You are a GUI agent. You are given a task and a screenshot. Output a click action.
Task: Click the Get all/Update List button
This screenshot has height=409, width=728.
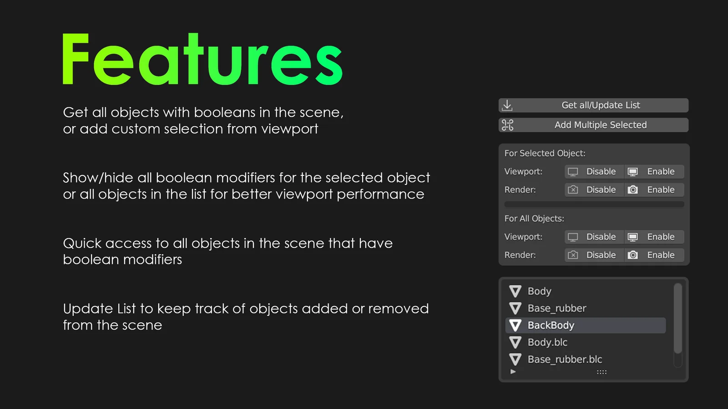point(600,105)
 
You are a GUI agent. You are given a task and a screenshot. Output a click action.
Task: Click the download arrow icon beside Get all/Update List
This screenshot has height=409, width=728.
point(507,105)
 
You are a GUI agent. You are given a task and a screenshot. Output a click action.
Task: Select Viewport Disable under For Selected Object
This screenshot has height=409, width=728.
point(594,172)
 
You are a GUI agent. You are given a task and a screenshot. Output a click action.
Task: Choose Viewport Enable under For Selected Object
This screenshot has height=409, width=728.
point(654,172)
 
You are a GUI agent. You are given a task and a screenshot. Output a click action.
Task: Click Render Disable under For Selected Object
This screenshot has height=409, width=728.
point(594,190)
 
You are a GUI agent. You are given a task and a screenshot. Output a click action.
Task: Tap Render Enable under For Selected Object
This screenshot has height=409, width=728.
point(654,190)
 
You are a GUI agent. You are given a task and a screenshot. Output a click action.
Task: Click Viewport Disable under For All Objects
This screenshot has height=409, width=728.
point(594,237)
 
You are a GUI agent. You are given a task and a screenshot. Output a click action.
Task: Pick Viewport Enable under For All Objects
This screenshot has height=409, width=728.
point(654,237)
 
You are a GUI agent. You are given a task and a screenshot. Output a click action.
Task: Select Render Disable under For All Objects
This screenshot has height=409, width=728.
point(594,255)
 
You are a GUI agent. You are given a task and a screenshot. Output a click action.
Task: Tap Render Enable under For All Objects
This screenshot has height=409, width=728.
point(654,255)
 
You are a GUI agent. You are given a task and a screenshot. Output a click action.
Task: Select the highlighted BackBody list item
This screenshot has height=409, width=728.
point(585,325)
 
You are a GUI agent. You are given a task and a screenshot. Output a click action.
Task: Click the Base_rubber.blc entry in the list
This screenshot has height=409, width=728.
point(565,359)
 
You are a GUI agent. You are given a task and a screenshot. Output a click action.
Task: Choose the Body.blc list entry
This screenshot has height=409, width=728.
point(547,343)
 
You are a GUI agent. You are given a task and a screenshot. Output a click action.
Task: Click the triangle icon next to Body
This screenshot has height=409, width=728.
point(515,291)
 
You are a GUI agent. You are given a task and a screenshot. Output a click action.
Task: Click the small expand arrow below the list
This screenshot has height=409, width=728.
point(513,372)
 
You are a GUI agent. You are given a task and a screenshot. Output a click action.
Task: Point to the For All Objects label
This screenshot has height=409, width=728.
point(534,219)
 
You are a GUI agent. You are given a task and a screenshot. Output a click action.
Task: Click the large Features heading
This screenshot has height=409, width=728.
point(202,60)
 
